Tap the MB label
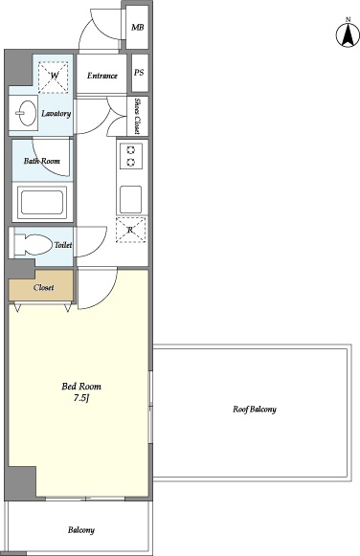(138, 27)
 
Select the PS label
(139, 73)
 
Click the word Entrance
(102, 76)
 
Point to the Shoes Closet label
(137, 116)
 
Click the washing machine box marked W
(54, 77)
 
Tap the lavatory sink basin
(27, 113)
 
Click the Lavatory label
(56, 114)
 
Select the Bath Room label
(42, 161)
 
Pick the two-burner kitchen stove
(131, 156)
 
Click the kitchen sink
(130, 199)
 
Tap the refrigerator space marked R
(130, 230)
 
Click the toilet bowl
(33, 244)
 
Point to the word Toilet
(63, 245)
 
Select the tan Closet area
(41, 286)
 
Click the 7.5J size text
(81, 398)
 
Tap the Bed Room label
(81, 387)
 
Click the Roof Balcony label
(255, 410)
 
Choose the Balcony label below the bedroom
(81, 530)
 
